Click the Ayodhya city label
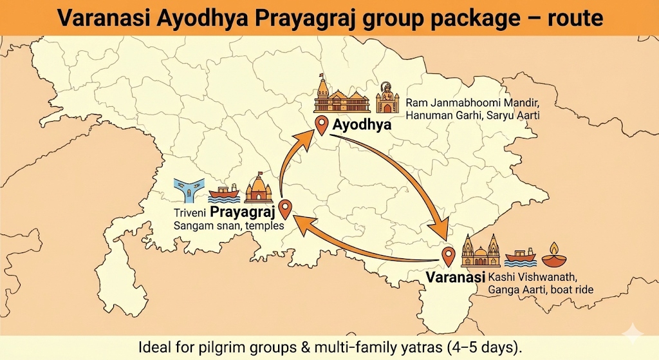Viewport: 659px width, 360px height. [x=362, y=124]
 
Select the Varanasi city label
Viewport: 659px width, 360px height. [x=455, y=278]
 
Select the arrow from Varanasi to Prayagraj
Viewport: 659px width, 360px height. [x=360, y=248]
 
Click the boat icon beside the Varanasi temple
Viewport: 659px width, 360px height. [x=520, y=257]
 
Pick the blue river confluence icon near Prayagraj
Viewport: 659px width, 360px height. [x=189, y=190]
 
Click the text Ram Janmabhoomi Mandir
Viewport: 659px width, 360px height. [x=472, y=104]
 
